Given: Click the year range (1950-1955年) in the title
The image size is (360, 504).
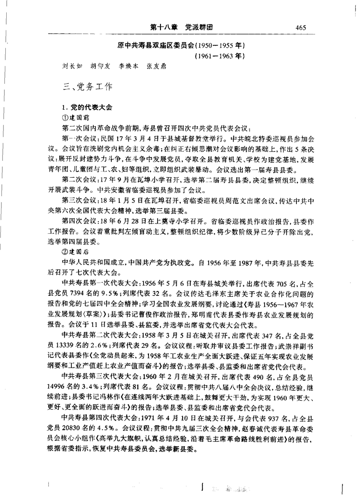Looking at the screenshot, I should click(216, 45).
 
